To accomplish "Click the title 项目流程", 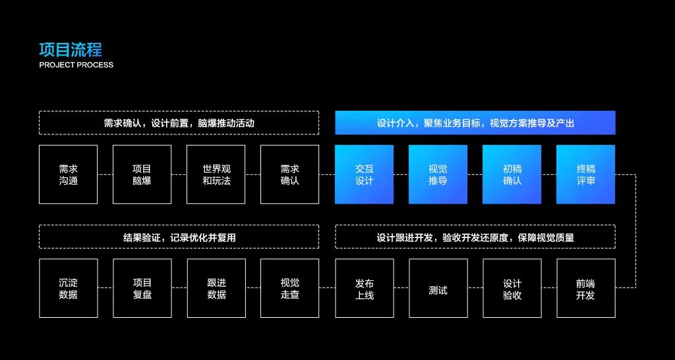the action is [71, 49].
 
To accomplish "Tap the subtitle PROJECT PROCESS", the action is [76, 65].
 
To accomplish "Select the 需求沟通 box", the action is [68, 174].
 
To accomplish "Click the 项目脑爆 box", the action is [142, 174].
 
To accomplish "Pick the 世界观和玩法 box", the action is [216, 174].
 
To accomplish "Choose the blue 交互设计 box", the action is [364, 174].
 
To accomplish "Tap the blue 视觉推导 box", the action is [438, 174].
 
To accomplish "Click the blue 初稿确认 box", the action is [512, 174].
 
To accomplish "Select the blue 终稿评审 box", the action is [585, 174].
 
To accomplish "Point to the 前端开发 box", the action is [585, 288].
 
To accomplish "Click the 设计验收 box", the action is [512, 288].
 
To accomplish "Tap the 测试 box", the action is [438, 288].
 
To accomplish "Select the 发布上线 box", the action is [364, 288].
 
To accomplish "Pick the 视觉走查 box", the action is [289, 288].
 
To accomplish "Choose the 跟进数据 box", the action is [216, 288].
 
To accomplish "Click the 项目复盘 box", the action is [142, 288].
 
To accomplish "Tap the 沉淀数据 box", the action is [68, 288].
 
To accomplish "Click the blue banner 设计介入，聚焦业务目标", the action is [475, 123].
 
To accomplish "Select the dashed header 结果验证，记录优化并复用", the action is [179, 237].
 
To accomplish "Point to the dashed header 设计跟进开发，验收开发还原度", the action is [475, 237].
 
